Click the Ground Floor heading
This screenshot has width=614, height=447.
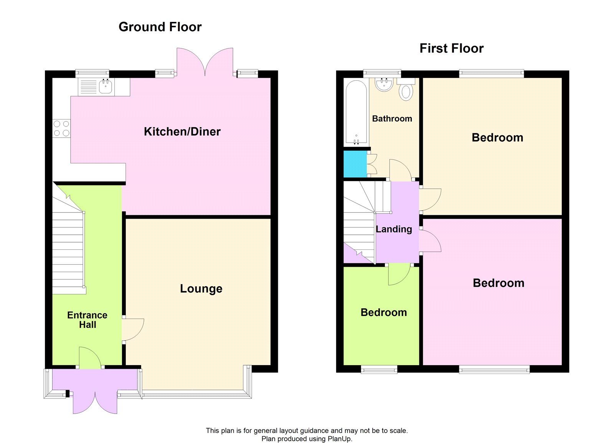[x=160, y=27]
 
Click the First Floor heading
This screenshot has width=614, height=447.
[x=451, y=48]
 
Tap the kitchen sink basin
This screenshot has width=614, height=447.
[x=106, y=87]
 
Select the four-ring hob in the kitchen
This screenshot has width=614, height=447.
[x=61, y=128]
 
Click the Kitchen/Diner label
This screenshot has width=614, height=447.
[x=182, y=132]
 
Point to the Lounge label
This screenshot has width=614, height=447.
[x=201, y=289]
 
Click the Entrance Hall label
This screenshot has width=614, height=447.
[x=87, y=320]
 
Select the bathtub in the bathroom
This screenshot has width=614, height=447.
[x=356, y=112]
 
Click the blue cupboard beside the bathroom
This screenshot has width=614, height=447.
[x=355, y=164]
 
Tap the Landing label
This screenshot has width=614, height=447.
[x=394, y=229]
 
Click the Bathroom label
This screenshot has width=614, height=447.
[x=392, y=119]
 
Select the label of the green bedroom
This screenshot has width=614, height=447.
[x=383, y=312]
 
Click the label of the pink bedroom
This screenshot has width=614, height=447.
[x=498, y=283]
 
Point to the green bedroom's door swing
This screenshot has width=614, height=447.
[x=398, y=276]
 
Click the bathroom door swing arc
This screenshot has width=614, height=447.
[x=400, y=169]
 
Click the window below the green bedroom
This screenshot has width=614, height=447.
[x=379, y=370]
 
